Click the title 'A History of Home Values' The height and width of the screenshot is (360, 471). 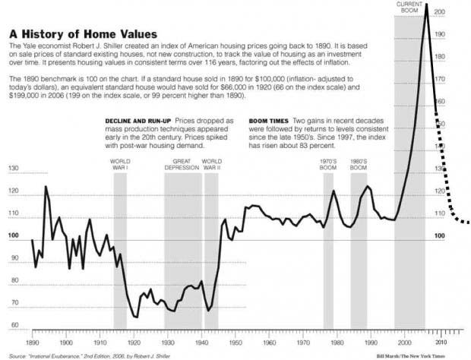pos(83,34)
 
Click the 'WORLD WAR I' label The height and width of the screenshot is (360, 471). pos(120,165)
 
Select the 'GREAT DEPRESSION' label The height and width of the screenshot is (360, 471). pos(182,165)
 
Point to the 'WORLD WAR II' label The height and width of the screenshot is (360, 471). pos(212,165)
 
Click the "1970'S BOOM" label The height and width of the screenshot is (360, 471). pos(329,165)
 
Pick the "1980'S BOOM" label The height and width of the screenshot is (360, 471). pos(359,165)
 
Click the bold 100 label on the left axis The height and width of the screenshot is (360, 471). pos(13,236)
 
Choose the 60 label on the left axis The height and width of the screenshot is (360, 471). pos(13,325)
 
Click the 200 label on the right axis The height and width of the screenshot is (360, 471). pos(441,13)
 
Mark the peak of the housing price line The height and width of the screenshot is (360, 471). pos(426,5)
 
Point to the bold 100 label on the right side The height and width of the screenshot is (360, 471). pos(440,236)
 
